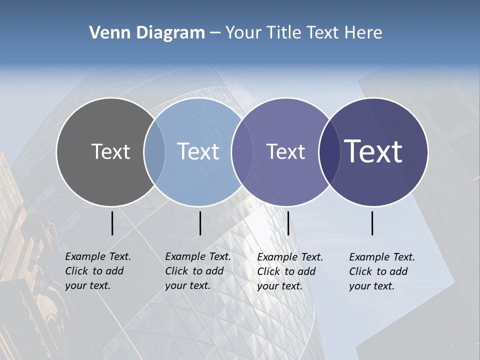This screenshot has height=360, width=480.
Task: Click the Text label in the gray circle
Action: (x=110, y=151)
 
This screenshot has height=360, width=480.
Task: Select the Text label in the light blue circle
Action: (x=198, y=151)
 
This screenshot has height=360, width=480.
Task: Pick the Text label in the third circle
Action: (x=285, y=151)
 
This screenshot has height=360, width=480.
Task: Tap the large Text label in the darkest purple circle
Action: (x=373, y=151)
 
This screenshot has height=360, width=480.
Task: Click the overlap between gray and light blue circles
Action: (x=154, y=152)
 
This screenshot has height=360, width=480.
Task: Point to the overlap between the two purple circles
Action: (x=329, y=152)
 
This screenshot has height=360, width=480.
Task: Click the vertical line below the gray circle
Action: (x=112, y=223)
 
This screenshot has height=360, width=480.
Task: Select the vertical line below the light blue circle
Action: (x=200, y=223)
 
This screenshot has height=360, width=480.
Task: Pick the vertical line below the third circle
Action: (x=288, y=223)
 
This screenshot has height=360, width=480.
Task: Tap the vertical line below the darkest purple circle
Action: (x=372, y=223)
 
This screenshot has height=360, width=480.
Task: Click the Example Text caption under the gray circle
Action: (x=98, y=271)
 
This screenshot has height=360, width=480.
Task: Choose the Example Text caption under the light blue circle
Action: (x=198, y=271)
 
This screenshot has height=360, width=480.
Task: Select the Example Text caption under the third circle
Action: (x=290, y=271)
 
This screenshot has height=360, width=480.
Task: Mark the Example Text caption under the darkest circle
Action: (x=382, y=271)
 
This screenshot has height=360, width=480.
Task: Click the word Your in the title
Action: (x=243, y=33)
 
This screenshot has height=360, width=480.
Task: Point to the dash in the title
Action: (x=215, y=33)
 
